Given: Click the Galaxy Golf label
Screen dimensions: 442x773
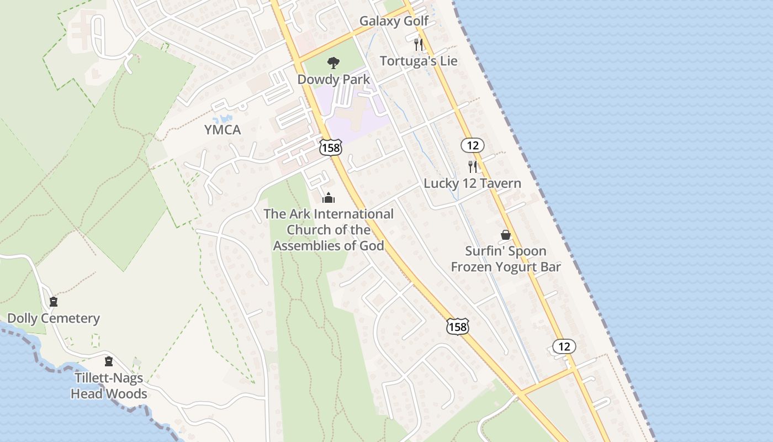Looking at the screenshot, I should pos(394,21).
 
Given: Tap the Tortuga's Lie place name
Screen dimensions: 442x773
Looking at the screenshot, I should pos(419,61).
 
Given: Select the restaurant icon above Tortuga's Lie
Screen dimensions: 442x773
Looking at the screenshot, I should pos(419,44).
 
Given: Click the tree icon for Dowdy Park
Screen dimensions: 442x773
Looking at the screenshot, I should pos(333,63).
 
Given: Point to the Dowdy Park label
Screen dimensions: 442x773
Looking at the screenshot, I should pos(333,80).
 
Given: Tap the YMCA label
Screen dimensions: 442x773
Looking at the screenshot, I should pos(223,130).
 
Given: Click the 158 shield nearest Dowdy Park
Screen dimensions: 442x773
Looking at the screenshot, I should pos(330,148).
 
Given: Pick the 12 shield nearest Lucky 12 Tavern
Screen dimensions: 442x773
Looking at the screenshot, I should pos(473,145).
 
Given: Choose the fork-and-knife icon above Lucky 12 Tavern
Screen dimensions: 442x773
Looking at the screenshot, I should pos(473,166).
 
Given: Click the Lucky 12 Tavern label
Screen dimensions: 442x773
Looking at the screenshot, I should pos(472,183).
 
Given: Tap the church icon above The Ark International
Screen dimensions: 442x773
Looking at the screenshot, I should pos(329,198).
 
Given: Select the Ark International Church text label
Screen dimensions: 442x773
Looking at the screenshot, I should pos(329,230).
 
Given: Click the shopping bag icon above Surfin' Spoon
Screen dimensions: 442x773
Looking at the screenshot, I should pos(505,235).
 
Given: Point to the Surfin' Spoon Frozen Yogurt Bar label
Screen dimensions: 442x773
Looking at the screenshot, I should pos(506,259).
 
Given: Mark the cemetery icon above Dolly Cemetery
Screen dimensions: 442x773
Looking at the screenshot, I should pos(54,302).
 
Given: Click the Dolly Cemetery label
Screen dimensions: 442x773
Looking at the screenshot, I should pos(54,318).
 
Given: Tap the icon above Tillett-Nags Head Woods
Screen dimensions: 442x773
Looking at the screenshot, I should pos(109,361).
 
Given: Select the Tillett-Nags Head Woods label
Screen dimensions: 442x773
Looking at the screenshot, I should pos(109,386).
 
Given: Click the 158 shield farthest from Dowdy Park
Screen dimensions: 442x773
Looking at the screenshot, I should pos(458,327).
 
